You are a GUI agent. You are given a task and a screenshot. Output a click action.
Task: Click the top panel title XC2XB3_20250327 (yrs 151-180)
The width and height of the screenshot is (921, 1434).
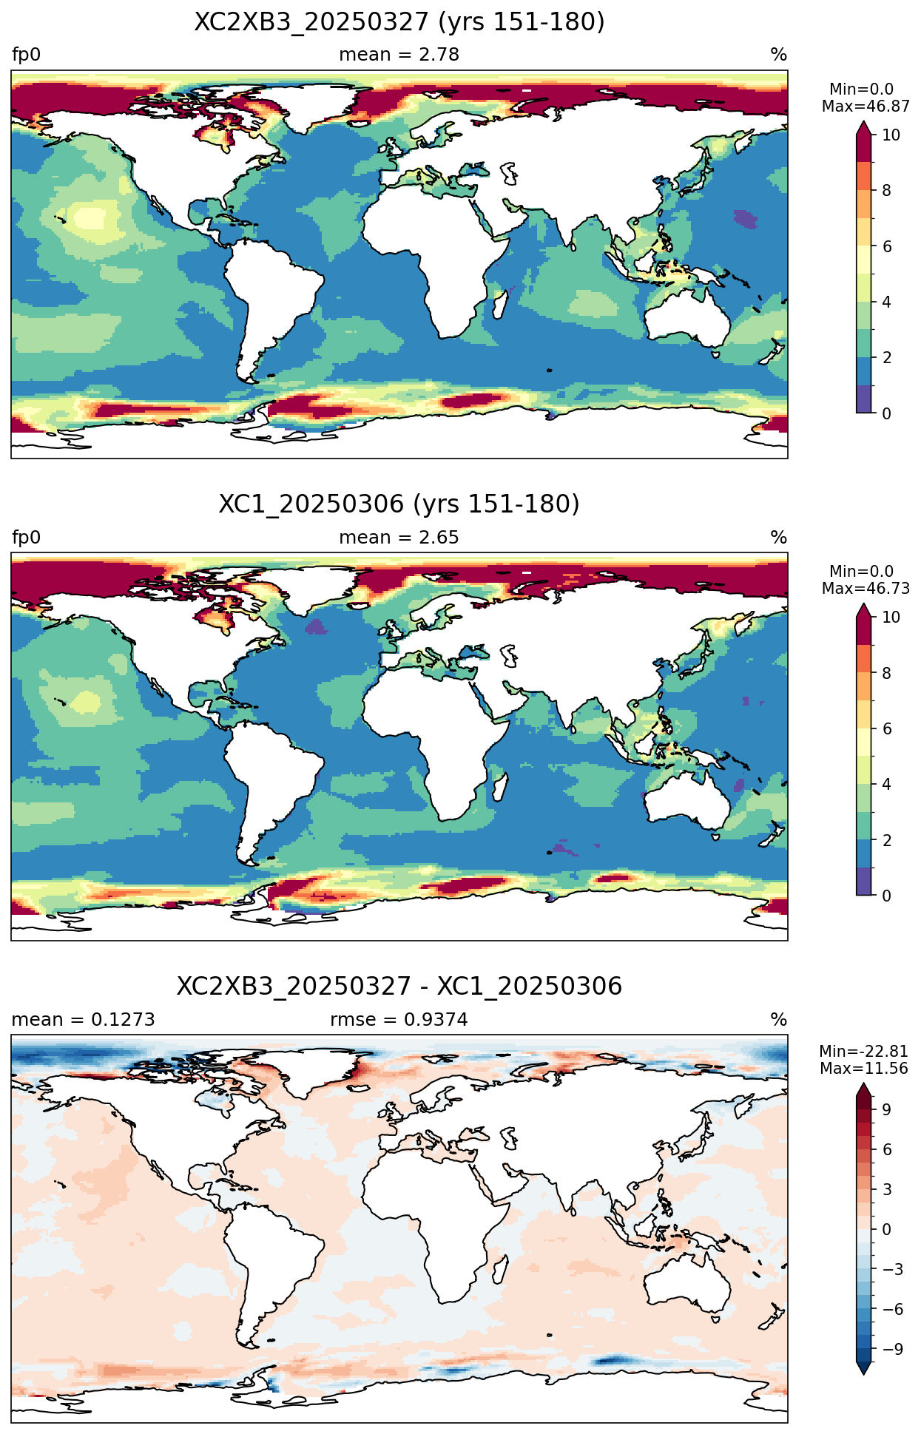399,22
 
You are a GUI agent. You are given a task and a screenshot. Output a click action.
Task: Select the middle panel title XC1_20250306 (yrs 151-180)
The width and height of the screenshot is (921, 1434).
399,504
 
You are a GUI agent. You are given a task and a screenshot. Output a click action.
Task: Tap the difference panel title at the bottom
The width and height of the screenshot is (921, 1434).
399,987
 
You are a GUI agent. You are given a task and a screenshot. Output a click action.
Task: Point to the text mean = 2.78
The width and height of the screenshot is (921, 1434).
399,55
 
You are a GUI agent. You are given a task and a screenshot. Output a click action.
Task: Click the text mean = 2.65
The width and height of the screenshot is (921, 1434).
399,538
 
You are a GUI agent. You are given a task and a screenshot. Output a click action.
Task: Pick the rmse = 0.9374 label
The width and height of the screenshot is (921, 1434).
399,1020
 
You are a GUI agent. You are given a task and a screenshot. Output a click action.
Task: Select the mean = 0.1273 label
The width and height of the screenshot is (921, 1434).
84,1020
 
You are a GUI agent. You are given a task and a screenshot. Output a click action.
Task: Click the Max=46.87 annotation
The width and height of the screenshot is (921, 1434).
866,106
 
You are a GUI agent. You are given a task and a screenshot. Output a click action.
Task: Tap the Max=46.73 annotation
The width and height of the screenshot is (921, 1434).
866,588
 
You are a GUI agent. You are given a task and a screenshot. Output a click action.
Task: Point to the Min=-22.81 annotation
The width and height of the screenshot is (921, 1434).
864,1052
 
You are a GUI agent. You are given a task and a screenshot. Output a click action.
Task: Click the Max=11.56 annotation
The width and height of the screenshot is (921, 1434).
864,1069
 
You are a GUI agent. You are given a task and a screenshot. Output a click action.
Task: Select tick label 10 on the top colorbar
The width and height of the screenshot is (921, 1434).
891,135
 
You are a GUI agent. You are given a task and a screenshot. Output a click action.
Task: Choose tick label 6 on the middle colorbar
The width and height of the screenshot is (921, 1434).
887,728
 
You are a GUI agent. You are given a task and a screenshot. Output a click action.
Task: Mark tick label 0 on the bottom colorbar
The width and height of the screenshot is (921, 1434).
887,1230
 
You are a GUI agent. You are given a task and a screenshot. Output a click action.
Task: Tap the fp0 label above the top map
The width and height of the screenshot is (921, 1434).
27,55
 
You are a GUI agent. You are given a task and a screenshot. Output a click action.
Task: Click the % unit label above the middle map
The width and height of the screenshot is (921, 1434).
779,538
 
